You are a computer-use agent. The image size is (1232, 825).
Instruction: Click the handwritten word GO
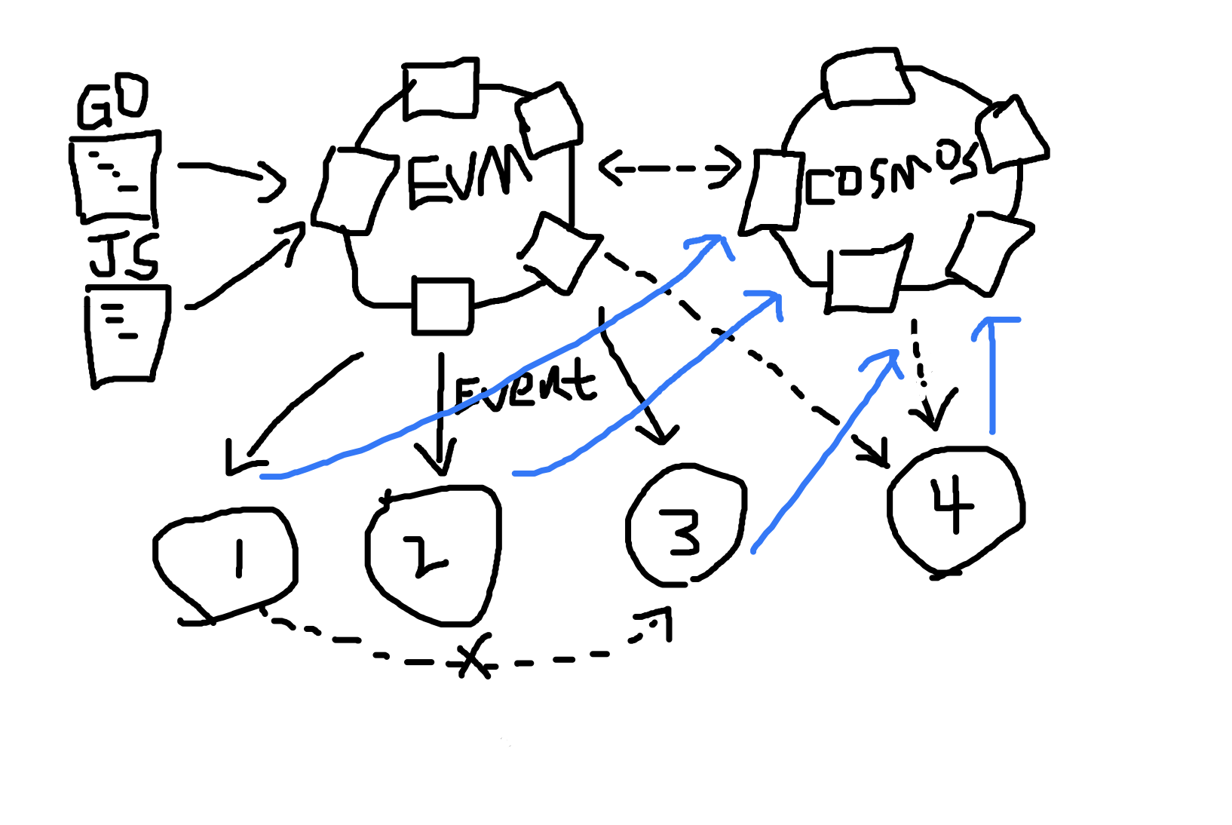tap(113, 102)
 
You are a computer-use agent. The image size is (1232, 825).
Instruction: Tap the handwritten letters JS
tap(124, 256)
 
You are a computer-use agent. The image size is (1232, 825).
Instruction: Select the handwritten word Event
tap(524, 386)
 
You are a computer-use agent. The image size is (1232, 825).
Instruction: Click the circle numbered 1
tap(226, 562)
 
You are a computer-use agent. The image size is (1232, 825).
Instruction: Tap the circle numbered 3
tap(686, 528)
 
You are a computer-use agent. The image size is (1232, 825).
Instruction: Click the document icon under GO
tap(115, 177)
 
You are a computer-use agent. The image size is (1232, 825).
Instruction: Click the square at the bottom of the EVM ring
tap(443, 306)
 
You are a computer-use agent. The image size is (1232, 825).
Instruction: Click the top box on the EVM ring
tap(441, 89)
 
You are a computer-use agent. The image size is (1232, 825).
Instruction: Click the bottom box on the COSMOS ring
tap(867, 279)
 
